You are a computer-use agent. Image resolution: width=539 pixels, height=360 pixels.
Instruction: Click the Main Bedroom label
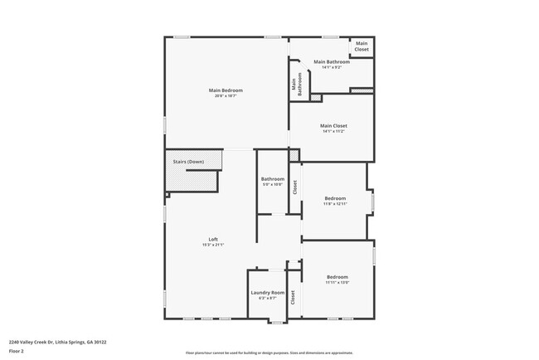(x=226, y=90)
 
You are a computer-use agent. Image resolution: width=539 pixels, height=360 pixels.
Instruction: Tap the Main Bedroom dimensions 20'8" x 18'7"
(x=226, y=96)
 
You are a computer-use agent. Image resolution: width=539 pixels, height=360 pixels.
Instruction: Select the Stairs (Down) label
(x=188, y=162)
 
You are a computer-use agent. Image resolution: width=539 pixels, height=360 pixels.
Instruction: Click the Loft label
(x=213, y=239)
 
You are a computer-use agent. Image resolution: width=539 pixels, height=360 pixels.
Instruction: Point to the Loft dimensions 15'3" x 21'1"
(x=213, y=246)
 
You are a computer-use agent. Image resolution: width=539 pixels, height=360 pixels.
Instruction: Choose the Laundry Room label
(x=267, y=292)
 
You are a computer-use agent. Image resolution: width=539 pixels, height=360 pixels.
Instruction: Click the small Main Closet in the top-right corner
(x=362, y=47)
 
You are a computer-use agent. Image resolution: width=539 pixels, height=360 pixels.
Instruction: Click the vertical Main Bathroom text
(x=298, y=85)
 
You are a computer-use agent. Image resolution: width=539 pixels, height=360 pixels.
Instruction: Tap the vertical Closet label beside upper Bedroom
(x=294, y=187)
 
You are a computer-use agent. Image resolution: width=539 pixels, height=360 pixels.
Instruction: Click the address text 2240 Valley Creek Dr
(x=57, y=341)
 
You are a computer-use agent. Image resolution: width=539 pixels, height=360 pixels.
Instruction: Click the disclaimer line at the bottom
(x=269, y=353)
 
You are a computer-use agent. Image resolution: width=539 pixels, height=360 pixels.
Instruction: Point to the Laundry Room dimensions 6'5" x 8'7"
(x=267, y=299)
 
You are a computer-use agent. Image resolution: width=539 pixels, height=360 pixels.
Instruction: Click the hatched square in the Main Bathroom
(x=316, y=97)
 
